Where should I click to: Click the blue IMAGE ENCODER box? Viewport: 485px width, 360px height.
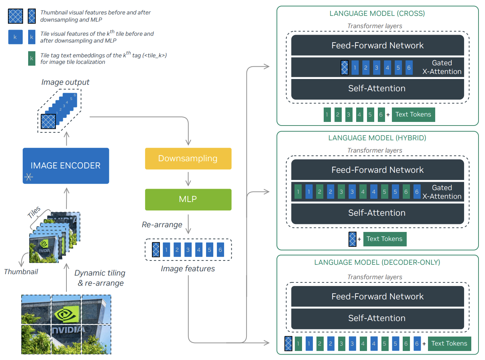(x=66, y=166)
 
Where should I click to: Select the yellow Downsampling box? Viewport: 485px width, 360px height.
(x=188, y=158)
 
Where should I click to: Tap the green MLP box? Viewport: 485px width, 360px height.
(x=188, y=199)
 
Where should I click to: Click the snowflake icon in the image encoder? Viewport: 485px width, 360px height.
(x=29, y=177)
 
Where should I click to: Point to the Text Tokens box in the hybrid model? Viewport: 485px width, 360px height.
(x=385, y=239)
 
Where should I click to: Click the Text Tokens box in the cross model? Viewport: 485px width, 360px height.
(x=413, y=114)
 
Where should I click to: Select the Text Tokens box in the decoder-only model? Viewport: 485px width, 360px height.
(x=449, y=343)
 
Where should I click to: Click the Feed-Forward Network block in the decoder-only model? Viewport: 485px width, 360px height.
(x=377, y=297)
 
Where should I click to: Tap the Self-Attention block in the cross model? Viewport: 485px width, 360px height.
(x=377, y=89)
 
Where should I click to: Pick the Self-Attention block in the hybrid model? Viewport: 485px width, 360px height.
(x=377, y=213)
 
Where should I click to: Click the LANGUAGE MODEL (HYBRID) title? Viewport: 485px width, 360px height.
(x=377, y=138)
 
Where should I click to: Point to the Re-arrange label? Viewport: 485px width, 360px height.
(x=162, y=225)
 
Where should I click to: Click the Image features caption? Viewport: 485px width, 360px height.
(x=188, y=269)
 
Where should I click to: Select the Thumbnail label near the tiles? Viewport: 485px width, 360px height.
(x=21, y=272)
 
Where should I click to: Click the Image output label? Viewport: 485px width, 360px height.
(x=65, y=82)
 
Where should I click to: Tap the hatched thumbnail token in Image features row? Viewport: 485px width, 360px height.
(x=156, y=250)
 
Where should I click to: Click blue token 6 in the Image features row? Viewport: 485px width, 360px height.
(x=220, y=250)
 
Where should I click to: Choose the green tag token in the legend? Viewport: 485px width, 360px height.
(x=32, y=58)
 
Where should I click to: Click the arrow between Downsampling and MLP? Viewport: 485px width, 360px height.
(x=188, y=179)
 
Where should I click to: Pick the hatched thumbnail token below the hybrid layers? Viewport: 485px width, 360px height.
(x=353, y=239)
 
